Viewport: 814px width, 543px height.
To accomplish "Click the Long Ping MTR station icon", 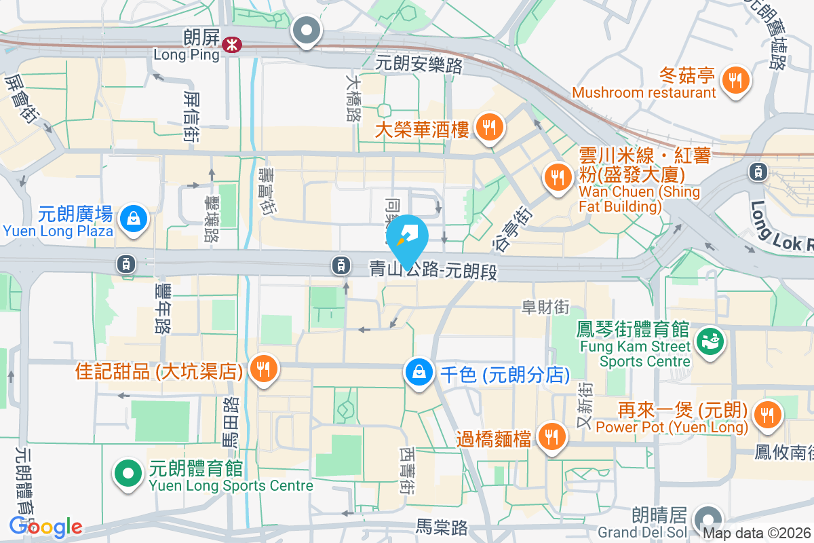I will click(232, 45).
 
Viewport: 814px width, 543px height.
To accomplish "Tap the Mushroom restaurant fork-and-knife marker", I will click(735, 80).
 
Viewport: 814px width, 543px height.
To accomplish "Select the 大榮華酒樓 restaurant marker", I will click(488, 127).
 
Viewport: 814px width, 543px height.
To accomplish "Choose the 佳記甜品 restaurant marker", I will click(263, 369).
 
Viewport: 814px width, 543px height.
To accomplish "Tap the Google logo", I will click(45, 527).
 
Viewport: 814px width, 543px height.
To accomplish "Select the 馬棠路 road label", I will click(442, 526).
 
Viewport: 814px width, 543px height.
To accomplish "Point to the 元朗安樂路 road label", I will click(419, 65).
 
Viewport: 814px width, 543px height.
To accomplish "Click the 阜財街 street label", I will click(545, 307).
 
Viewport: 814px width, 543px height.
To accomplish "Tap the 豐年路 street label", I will click(162, 309).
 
